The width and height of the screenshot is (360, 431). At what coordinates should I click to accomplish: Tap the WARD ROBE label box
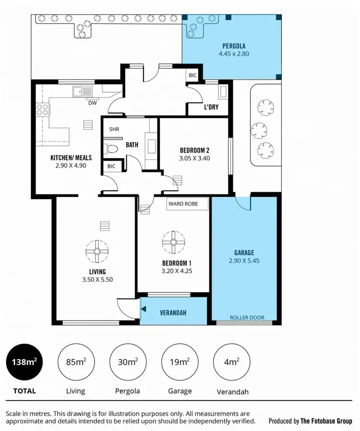188,204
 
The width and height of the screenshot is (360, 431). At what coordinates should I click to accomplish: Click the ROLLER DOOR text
246,318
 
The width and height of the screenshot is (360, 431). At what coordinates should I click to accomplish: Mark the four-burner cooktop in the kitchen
42,109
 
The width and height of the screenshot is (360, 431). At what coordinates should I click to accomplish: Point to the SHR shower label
114,129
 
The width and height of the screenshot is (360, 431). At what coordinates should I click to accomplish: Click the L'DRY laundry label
211,107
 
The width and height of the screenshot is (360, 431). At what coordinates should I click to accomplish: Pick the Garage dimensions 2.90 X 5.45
244,261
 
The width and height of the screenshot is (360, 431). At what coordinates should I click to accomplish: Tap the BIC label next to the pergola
192,75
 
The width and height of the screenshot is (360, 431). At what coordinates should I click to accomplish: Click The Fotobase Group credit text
310,421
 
